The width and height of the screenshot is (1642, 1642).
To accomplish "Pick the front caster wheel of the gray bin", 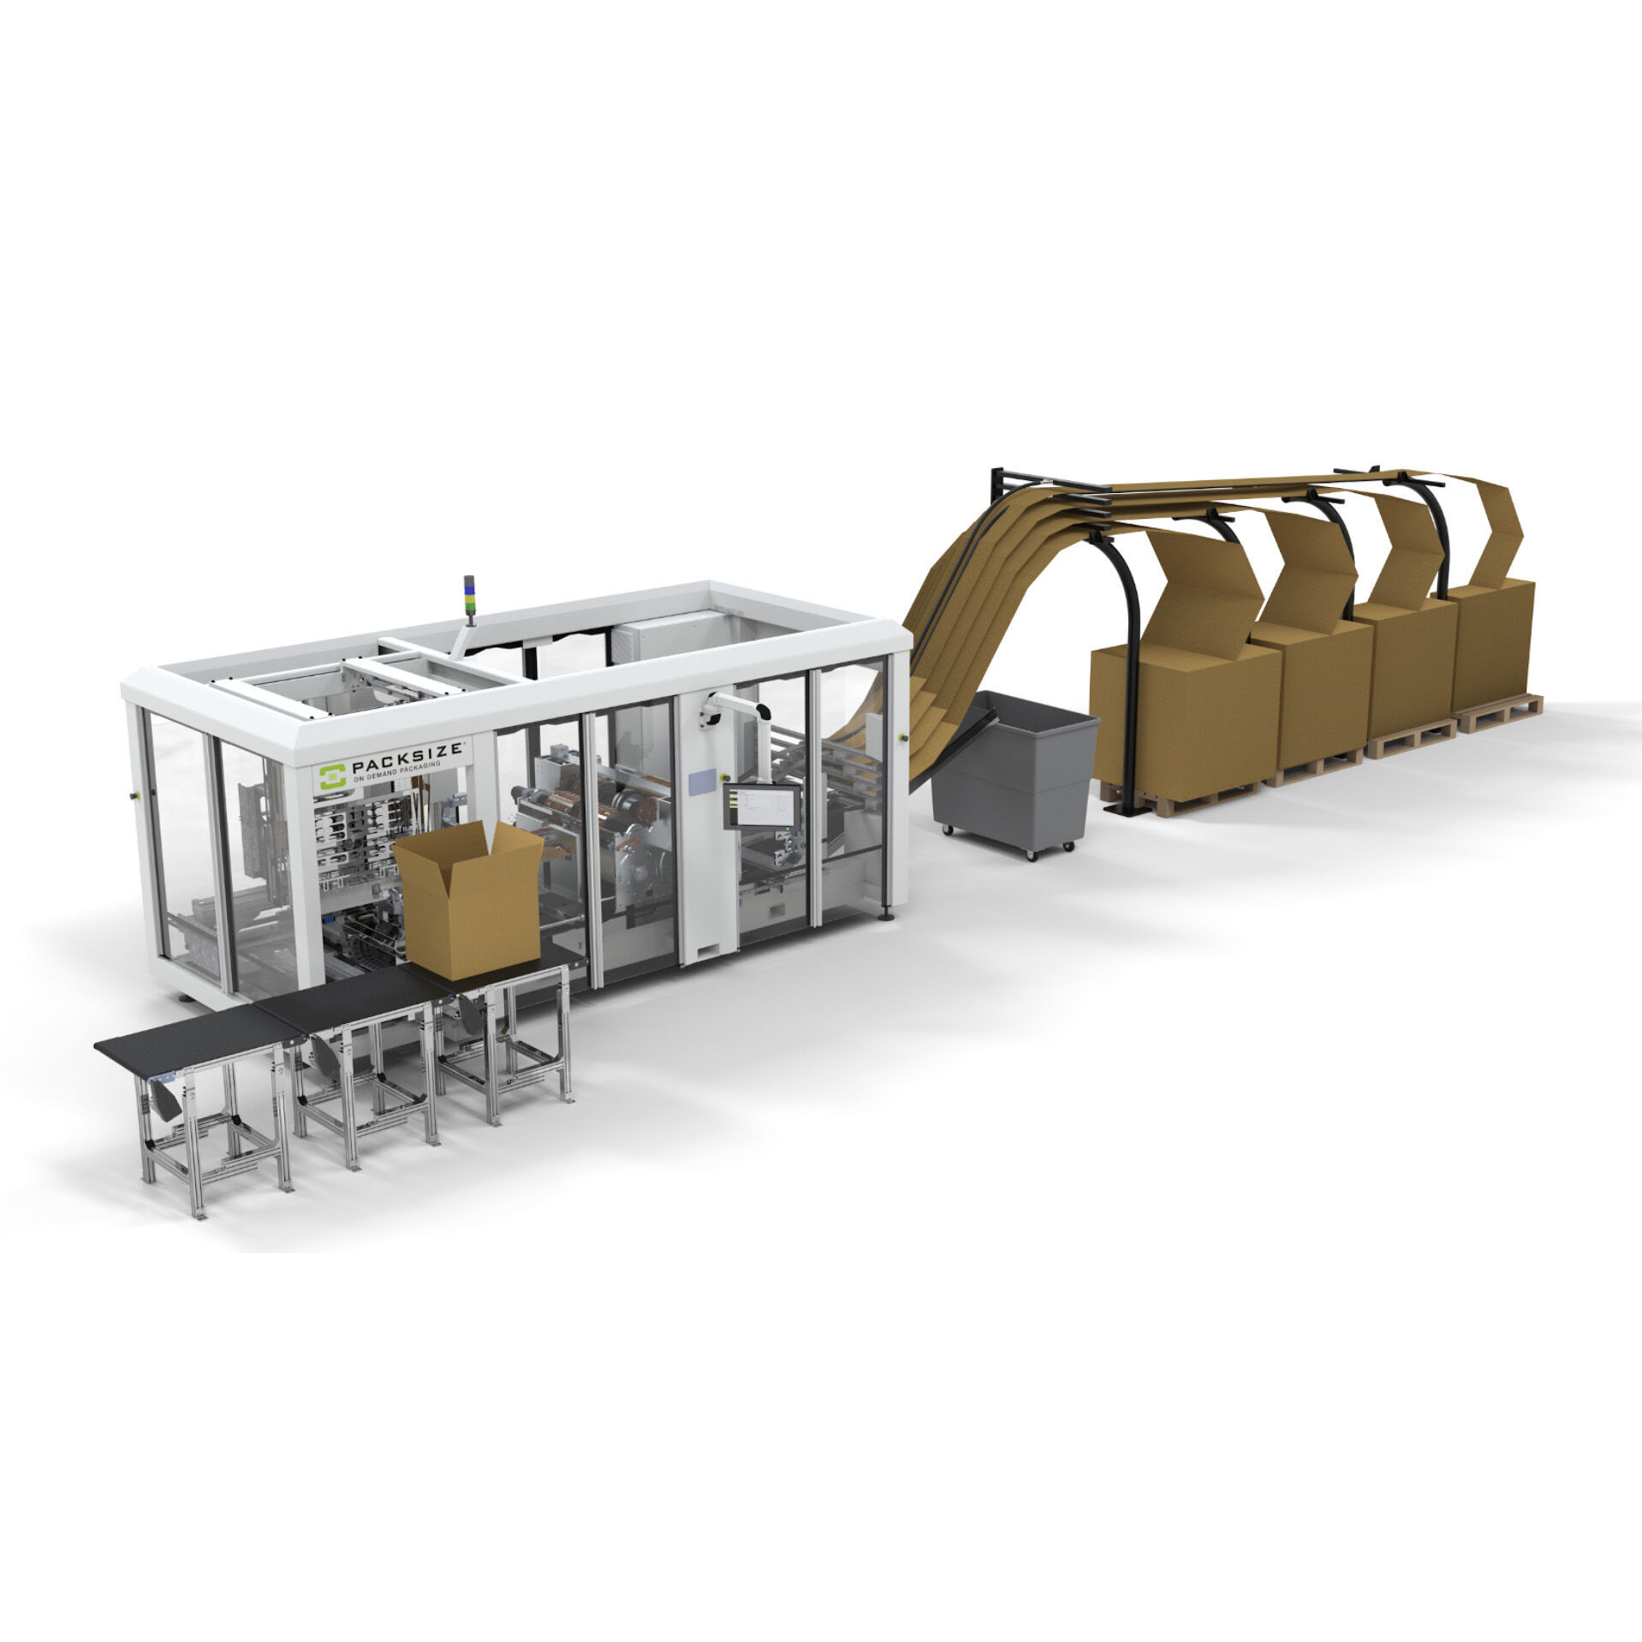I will pos(1032,855).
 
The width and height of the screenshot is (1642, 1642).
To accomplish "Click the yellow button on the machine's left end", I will pos(133,796).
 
